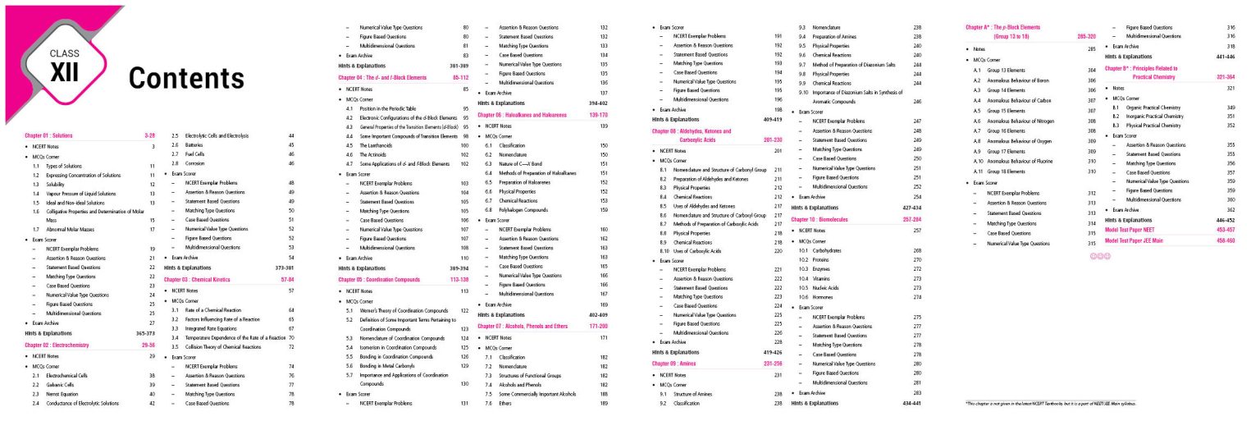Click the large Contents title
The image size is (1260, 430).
click(186, 77)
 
